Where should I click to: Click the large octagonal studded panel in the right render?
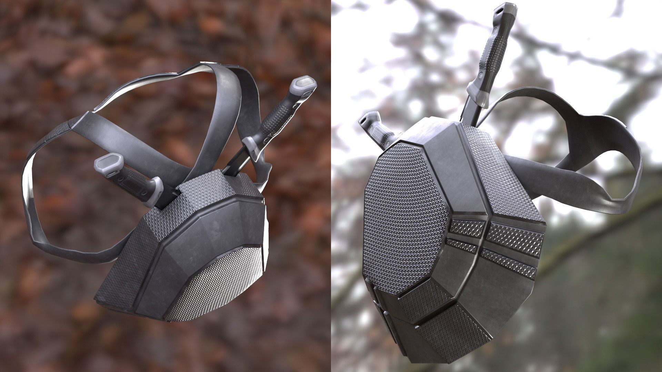click(x=407, y=214)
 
